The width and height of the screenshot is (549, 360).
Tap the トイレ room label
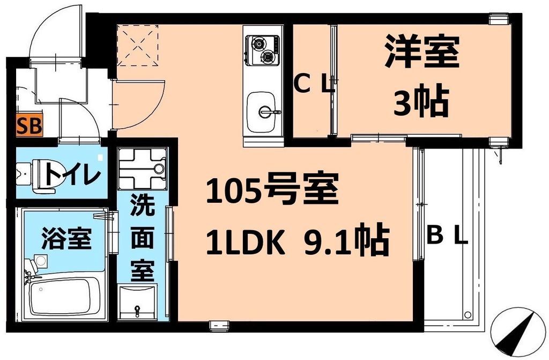pyautogui.click(x=72, y=174)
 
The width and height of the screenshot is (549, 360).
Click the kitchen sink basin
pyautogui.click(x=261, y=108)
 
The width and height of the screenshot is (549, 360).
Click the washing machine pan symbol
pyautogui.click(x=142, y=166)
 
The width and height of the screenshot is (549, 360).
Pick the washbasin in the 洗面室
pyautogui.click(x=138, y=303)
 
